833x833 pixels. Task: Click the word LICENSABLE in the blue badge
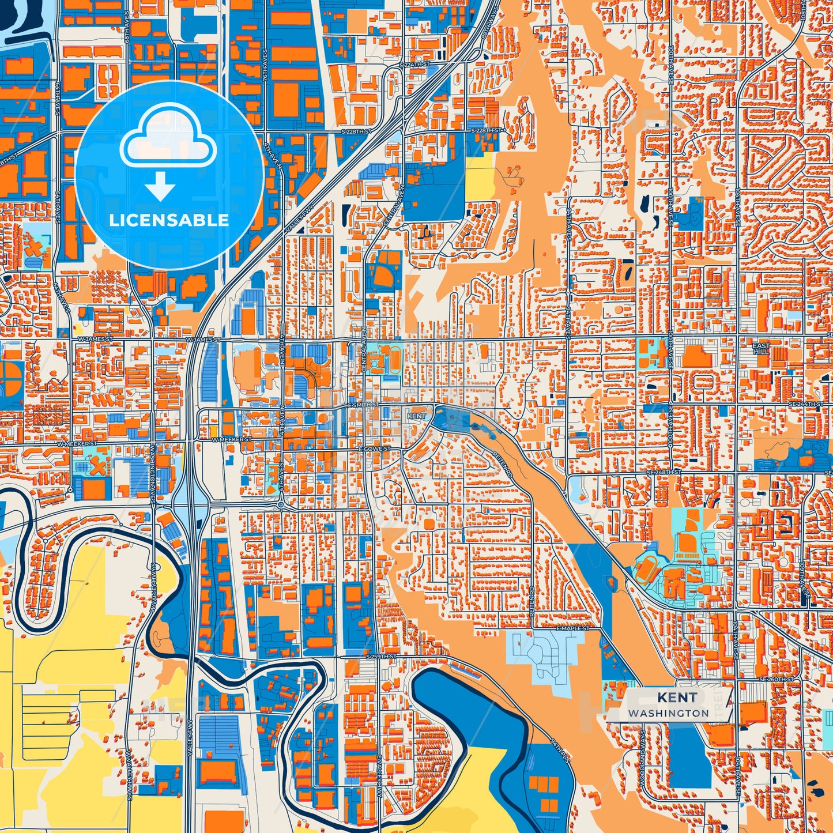coord(169,220)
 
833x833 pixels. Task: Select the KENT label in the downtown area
coord(416,416)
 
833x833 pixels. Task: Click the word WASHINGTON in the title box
coord(669,713)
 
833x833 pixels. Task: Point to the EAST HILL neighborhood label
coord(761,348)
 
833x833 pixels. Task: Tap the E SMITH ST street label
coord(363,405)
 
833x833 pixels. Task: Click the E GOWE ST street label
coord(375,448)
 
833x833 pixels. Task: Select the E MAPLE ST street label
coord(573,628)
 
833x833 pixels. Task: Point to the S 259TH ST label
coord(382,657)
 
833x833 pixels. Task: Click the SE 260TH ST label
coord(772,679)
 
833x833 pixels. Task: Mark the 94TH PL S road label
coord(559,750)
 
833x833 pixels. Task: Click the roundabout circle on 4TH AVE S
coord(280,505)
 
